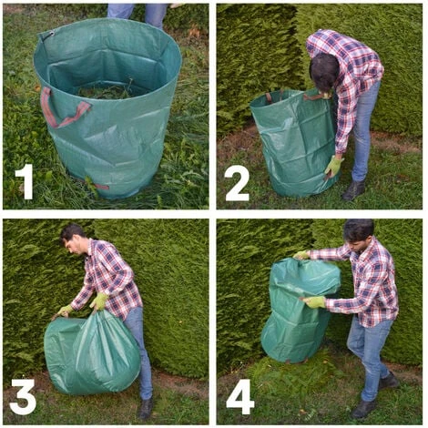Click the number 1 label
click(25, 181)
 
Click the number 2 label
click(237, 182)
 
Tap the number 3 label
click(23, 396)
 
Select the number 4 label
click(239, 396)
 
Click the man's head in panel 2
click(322, 70)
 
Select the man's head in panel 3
click(72, 239)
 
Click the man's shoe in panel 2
click(353, 189)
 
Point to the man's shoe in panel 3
click(146, 409)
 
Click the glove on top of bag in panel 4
click(301, 256)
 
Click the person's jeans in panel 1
click(137, 12)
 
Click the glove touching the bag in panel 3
click(99, 301)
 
